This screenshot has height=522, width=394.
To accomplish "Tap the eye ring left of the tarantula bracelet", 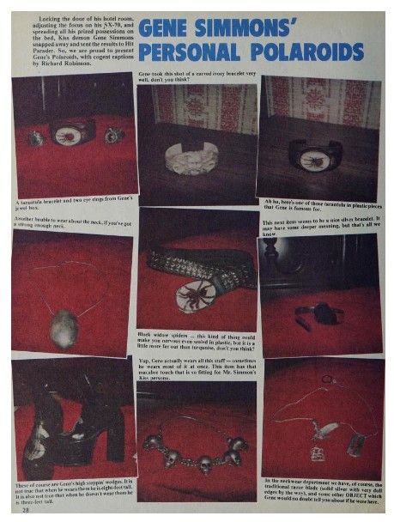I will coord(35,137).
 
